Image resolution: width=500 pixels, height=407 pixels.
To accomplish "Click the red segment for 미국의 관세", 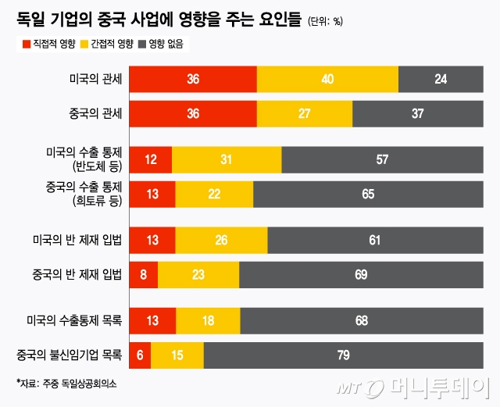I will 192,79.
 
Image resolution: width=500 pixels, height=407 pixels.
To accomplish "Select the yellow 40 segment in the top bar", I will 327,79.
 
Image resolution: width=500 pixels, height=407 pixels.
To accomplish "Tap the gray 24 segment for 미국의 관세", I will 441,79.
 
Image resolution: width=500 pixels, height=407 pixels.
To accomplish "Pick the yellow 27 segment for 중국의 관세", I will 305,113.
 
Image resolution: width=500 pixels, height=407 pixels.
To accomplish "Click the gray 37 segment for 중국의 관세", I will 417,113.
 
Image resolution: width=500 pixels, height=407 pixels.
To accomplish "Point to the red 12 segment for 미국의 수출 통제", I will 151,159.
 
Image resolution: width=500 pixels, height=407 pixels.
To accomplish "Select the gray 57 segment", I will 382,159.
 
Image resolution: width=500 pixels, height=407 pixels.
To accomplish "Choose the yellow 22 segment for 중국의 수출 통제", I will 214,194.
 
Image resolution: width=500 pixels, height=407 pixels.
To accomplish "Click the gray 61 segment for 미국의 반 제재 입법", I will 374,240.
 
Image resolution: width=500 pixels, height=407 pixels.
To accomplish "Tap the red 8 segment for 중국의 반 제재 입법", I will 144,275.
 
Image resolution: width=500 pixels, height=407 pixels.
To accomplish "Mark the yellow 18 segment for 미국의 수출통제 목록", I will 208,320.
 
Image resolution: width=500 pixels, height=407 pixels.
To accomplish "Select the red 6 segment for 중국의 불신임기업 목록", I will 140,355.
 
